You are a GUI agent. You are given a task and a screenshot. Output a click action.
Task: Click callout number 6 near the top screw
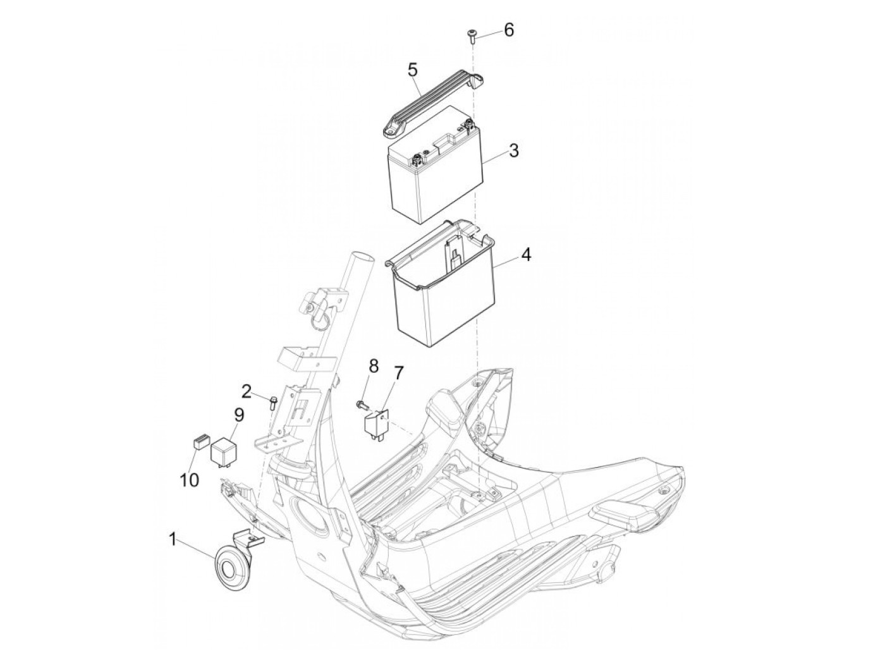coord(509,30)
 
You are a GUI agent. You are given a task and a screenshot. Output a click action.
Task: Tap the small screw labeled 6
coord(472,36)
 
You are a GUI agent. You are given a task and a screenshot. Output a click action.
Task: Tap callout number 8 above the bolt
coord(374,367)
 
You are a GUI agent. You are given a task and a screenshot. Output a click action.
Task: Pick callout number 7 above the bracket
coord(398,373)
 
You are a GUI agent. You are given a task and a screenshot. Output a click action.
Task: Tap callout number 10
coord(190,480)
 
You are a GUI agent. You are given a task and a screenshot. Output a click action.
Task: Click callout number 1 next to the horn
coord(173,539)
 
